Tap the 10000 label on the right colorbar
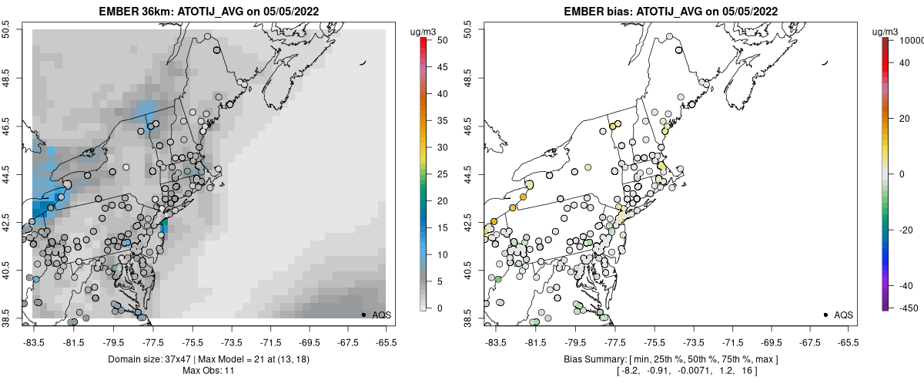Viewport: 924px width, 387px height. pos(908,39)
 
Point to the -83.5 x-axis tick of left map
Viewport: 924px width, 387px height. pos(32,342)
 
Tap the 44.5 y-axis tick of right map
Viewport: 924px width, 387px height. pos(467,173)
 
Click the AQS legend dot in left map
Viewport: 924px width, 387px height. pos(363,315)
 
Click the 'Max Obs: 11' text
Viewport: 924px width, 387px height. pos(209,371)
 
